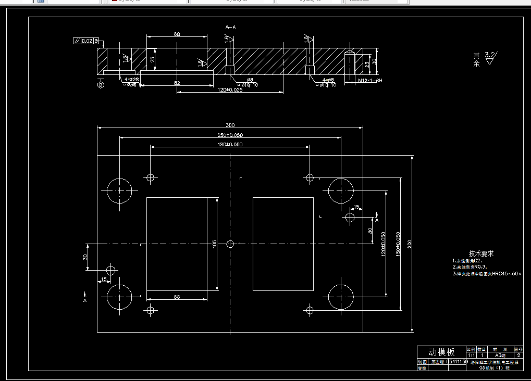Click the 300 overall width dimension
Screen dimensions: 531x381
[230, 125]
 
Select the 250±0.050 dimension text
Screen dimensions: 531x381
[230, 135]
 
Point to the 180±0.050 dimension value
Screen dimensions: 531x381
[230, 144]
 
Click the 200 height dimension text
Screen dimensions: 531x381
[410, 243]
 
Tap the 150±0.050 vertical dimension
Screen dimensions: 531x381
[398, 243]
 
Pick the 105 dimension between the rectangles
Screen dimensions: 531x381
[215, 244]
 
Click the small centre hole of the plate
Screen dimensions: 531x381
[231, 244]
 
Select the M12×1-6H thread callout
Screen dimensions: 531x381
[370, 81]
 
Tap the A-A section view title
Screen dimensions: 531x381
[230, 26]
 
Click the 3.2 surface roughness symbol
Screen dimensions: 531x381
[490, 57]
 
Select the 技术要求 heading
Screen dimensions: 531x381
[480, 253]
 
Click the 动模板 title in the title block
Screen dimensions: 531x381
[441, 352]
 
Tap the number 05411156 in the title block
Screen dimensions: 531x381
[456, 361]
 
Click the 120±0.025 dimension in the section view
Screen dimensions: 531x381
[230, 90]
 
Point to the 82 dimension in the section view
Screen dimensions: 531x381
[177, 83]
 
